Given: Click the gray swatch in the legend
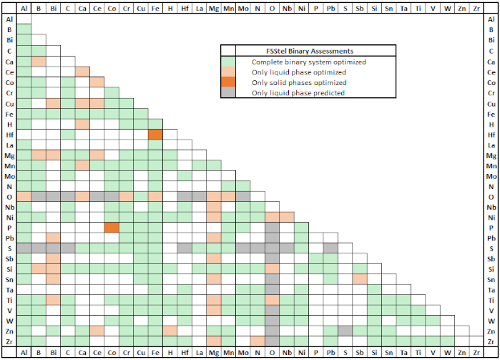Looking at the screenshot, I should [228, 93].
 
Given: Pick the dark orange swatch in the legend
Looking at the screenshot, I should [228, 82].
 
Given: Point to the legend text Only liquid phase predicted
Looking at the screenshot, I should [295, 93].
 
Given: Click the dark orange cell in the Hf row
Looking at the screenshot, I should [155, 135].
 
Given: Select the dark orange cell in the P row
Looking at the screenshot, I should [111, 228].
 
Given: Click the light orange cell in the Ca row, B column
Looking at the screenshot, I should [38, 62].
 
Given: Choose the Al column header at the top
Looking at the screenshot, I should [24, 8].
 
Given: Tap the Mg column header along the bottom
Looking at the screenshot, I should [213, 353].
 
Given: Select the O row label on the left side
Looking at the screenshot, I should [10, 197].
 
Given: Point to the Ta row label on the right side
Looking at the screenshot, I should [491, 289].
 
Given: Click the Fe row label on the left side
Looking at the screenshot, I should [10, 114].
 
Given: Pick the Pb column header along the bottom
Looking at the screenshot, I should [330, 353].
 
